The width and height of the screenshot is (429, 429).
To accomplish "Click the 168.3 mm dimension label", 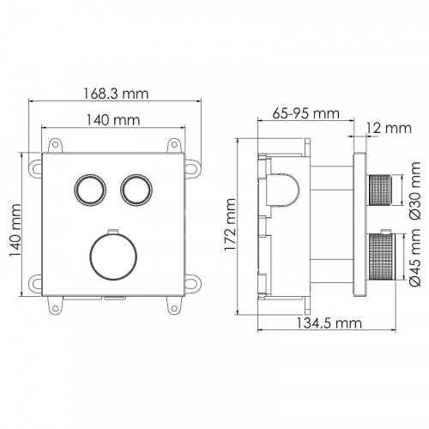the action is click(x=116, y=94).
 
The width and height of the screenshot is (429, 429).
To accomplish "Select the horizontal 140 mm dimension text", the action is click(x=113, y=120).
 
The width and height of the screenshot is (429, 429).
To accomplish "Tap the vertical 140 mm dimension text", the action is click(x=15, y=230).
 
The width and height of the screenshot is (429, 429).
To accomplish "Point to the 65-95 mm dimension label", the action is click(x=305, y=113).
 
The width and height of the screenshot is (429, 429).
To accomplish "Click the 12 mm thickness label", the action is click(x=389, y=129).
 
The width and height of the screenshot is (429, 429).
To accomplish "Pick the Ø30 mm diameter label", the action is click(x=415, y=190).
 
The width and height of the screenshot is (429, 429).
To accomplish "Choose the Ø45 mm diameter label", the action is click(x=415, y=257).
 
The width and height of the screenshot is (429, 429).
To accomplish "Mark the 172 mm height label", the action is click(x=230, y=225).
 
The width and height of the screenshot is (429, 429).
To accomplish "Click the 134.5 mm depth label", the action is click(x=329, y=323).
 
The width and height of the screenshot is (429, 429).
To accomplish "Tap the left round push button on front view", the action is click(x=90, y=190).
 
